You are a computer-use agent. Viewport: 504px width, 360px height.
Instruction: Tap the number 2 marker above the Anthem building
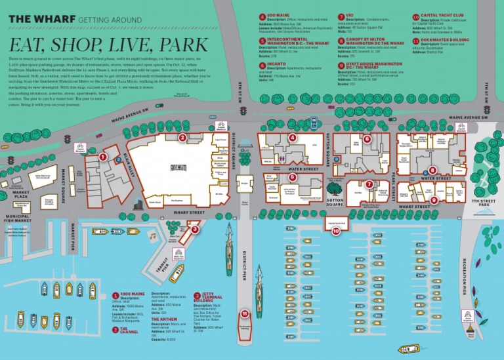pos(182,138)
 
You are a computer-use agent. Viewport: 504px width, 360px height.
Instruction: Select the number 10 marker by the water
pos(336,231)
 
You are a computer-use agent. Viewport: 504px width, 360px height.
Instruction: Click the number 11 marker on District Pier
pos(245,313)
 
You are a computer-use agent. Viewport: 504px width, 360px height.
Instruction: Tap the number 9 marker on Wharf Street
pos(434,199)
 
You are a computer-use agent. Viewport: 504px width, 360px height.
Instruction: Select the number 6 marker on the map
pos(367,138)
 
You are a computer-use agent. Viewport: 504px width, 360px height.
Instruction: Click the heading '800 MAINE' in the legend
pos(279,16)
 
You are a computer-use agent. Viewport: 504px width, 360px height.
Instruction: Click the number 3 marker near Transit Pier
pos(195,230)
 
